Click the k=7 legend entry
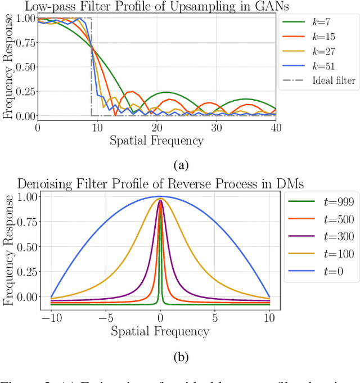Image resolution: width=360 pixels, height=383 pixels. [318, 22]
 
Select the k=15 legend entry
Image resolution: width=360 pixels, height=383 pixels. [318, 37]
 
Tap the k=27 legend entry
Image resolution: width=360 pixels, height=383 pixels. [318, 51]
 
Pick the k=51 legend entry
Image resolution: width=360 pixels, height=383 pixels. [318, 66]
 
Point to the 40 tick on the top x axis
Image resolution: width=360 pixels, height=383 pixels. [275, 128]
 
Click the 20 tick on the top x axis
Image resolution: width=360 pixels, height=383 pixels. [156, 128]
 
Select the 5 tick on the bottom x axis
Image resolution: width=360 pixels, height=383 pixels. [215, 318]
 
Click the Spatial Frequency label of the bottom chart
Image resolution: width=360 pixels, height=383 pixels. [161, 331]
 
